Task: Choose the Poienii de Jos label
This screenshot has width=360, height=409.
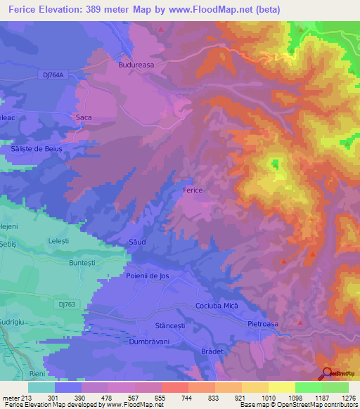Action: (x=148, y=276)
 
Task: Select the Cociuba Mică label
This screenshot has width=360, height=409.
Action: (x=219, y=307)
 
